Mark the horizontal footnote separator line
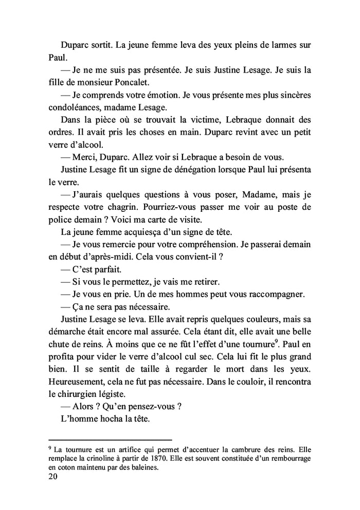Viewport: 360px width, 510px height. click(110, 440)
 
